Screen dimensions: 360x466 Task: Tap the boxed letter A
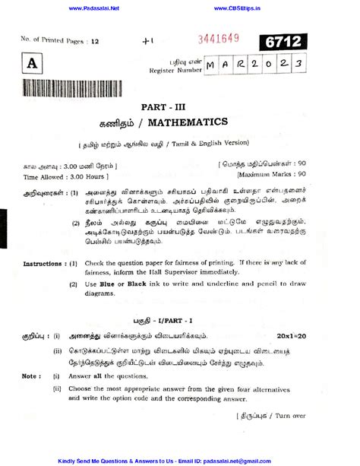(x=32, y=65)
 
